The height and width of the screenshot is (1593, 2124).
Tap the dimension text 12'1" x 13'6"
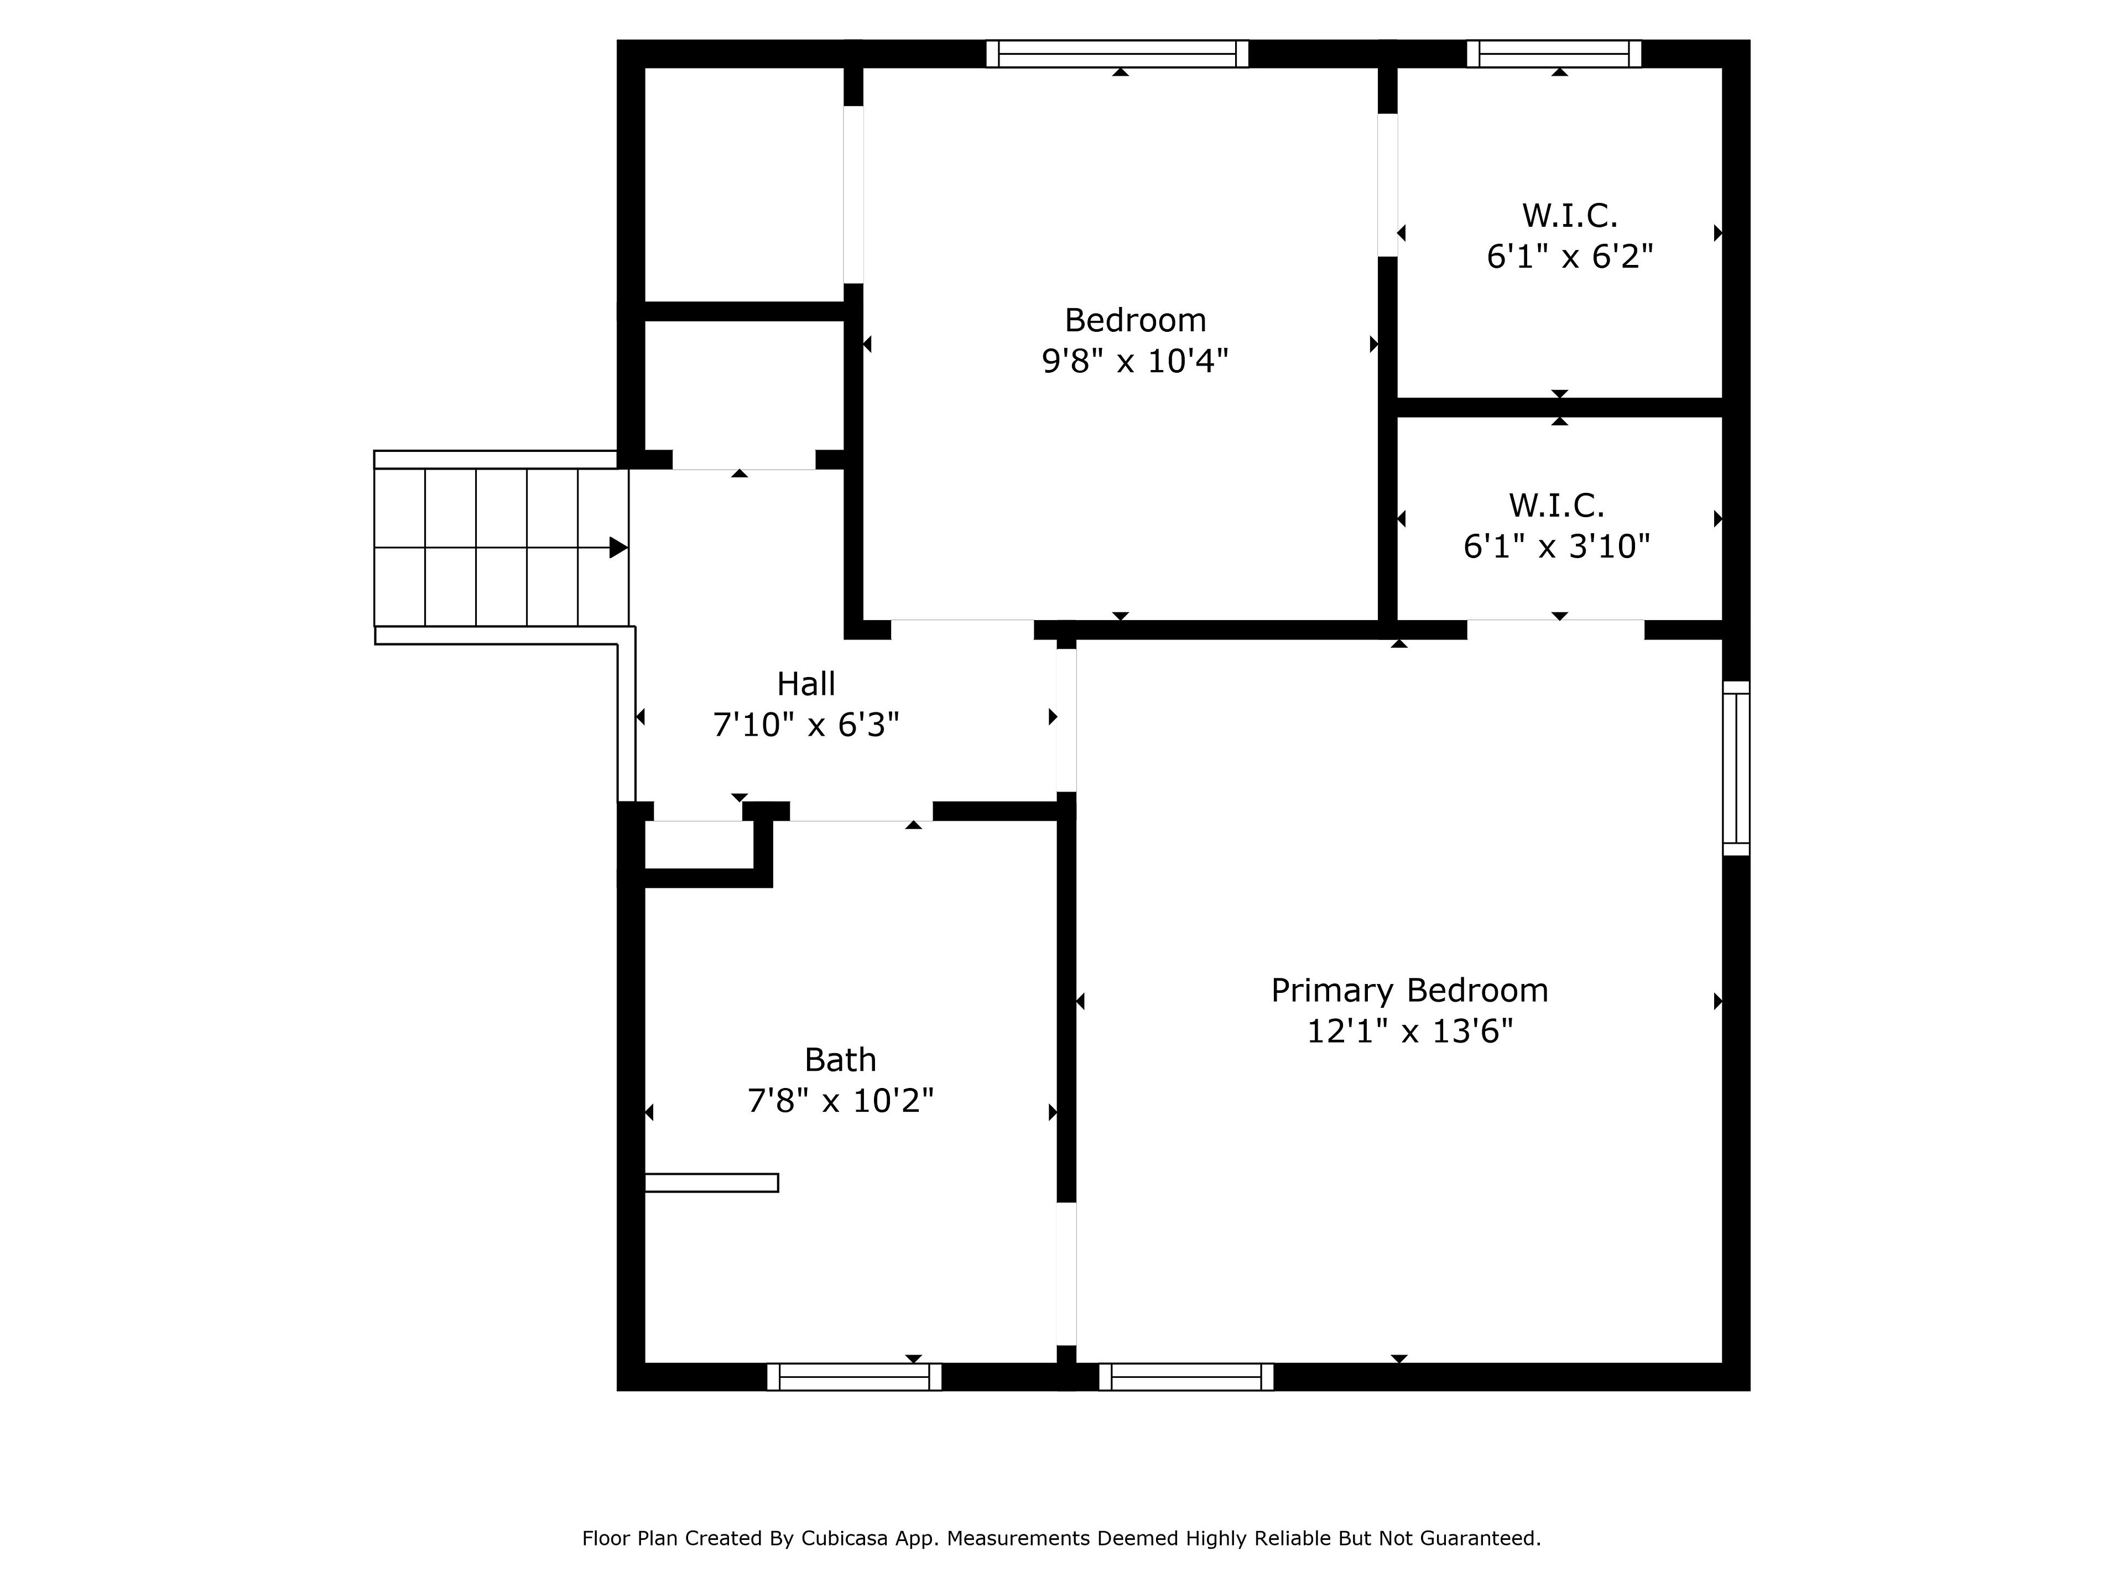[1409, 1031]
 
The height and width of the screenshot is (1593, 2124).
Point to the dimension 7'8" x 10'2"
[840, 1100]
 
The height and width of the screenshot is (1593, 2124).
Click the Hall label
[805, 684]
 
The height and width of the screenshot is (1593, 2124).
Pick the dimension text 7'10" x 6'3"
[805, 725]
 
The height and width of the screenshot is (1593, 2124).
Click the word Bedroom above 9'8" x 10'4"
[1135, 320]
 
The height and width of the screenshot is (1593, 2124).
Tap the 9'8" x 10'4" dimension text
[1135, 361]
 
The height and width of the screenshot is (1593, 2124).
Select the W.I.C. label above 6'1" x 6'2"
[1570, 216]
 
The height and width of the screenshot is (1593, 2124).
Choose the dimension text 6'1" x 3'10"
[1556, 546]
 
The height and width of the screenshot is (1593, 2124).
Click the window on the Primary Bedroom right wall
[1736, 768]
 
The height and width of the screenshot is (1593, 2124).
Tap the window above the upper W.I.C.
[1554, 54]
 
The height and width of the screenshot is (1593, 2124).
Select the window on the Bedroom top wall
[1117, 54]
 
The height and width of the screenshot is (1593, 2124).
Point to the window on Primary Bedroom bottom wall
[1186, 1377]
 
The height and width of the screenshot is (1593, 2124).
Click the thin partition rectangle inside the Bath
[711, 1183]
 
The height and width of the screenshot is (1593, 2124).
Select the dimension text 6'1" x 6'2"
[1570, 257]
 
